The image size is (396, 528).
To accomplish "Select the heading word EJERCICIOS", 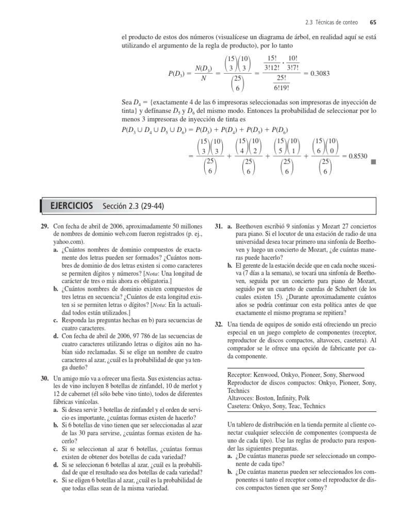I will pyautogui.click(x=72, y=206).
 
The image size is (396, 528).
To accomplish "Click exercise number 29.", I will pyautogui.click(x=45, y=226).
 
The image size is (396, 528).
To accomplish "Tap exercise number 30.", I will pyautogui.click(x=45, y=378).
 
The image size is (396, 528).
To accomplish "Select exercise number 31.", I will pyautogui.click(x=218, y=226).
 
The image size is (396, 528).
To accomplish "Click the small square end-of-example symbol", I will pyautogui.click(x=373, y=162).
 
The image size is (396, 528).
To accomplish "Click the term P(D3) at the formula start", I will pyautogui.click(x=178, y=74).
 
